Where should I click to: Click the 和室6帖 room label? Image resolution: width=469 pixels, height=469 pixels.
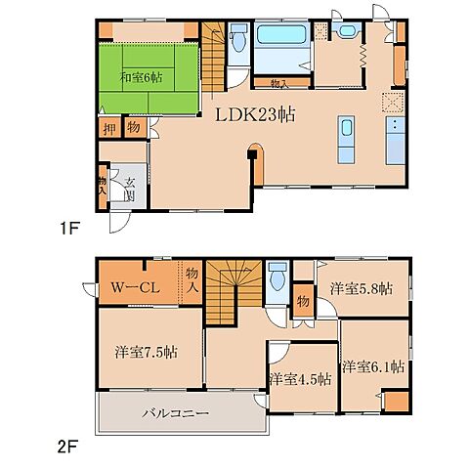click(142, 77)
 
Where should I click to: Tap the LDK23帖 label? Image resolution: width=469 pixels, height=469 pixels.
click(255, 114)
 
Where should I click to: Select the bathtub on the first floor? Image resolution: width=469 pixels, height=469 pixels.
click(281, 35)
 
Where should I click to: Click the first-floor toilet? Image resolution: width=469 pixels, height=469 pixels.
click(238, 38)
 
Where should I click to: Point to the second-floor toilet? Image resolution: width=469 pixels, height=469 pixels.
click(277, 277)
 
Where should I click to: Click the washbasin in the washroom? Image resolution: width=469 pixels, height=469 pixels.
click(348, 31)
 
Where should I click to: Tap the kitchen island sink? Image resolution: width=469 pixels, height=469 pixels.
click(346, 127)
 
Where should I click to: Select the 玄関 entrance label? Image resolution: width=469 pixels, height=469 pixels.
click(130, 189)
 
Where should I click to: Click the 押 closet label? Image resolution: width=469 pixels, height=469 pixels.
click(109, 129)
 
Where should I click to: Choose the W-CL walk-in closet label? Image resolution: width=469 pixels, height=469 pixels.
click(135, 287)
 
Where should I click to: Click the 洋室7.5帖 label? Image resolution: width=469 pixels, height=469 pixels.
click(146, 352)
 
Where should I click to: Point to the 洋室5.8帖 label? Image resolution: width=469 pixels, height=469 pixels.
click(362, 289)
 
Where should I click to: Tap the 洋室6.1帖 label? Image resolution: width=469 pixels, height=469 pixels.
click(373, 366)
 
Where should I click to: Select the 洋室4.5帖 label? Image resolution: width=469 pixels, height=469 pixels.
click(301, 379)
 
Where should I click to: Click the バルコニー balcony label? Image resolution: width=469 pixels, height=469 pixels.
click(176, 413)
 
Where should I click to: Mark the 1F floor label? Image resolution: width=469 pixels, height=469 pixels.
click(68, 229)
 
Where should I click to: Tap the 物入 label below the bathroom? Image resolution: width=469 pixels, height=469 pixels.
click(279, 84)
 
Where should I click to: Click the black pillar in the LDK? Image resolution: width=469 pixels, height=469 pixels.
click(252, 153)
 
